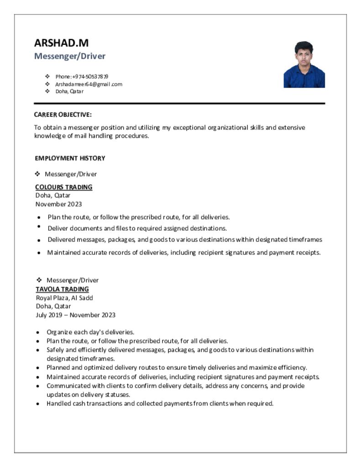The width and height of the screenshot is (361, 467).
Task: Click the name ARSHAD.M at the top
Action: point(61,43)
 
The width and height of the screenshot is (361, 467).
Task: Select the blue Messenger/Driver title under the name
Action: point(70,56)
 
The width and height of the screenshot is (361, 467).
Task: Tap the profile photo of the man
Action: point(304,64)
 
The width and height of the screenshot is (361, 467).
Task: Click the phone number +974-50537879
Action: point(82,76)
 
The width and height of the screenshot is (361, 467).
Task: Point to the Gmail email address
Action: point(89,84)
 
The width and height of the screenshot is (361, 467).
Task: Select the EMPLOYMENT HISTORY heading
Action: point(70,158)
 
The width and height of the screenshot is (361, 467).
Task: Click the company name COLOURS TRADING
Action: point(64,187)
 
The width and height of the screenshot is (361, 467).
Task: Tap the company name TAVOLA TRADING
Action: point(63,289)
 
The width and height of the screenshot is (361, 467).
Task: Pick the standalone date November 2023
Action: point(59,204)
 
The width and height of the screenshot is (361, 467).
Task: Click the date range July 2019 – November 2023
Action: point(76,315)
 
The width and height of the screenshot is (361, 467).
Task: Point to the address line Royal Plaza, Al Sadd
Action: point(64,298)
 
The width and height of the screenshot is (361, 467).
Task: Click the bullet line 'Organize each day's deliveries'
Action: point(90,332)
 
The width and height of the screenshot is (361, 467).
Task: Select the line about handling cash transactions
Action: point(160,403)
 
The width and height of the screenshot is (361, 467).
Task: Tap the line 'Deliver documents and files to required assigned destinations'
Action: point(137,228)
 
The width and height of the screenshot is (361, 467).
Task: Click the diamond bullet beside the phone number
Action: point(47,76)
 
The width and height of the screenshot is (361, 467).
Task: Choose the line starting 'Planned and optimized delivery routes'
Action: point(177,367)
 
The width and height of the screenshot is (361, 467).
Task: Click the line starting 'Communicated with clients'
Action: point(175,386)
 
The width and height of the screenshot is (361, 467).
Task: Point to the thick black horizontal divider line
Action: point(179,104)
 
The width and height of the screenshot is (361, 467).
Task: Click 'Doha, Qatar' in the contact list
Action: point(69,91)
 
